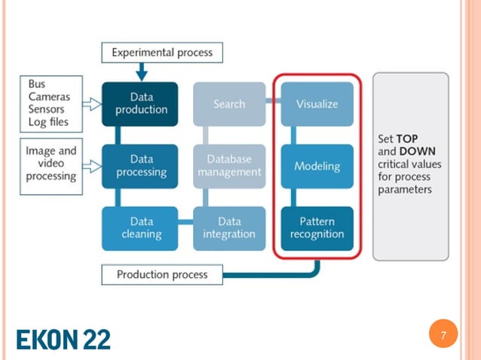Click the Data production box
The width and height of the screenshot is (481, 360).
click(x=142, y=104)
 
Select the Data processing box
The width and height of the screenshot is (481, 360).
click(x=142, y=166)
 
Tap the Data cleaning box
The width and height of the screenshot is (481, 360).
click(x=142, y=227)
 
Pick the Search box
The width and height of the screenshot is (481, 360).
click(x=229, y=104)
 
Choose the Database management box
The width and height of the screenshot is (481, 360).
click(x=229, y=166)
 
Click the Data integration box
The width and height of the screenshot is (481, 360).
click(x=229, y=227)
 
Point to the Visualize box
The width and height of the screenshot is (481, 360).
click(x=317, y=104)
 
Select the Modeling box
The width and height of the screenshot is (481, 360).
click(x=317, y=166)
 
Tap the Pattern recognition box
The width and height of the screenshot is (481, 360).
click(x=317, y=227)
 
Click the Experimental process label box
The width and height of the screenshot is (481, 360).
click(x=162, y=53)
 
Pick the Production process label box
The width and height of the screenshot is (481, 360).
click(x=162, y=274)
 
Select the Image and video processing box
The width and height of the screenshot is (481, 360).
click(x=51, y=163)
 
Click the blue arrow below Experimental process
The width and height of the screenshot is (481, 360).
click(x=142, y=72)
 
